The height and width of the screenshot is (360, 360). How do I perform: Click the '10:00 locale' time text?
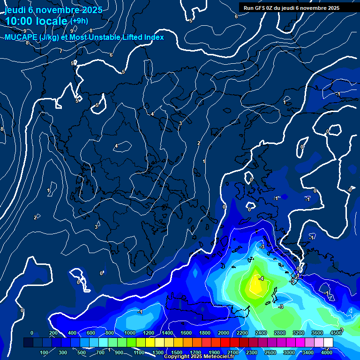tap(37, 22)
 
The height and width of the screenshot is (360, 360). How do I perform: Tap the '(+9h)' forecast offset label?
tap(79, 21)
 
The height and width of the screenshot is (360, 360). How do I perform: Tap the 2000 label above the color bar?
tap(224, 333)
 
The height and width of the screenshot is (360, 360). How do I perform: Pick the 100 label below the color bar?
tap(45, 352)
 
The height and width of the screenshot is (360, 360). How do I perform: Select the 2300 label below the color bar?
tap(251, 352)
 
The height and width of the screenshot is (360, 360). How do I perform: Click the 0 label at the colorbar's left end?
tap(32, 333)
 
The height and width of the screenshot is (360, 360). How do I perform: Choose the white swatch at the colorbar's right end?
tap(328, 343)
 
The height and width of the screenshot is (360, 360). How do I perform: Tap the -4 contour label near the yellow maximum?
tap(262, 278)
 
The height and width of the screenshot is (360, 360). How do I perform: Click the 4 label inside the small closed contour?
tap(116, 146)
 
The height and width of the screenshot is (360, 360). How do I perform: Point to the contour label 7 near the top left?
tap(61, 51)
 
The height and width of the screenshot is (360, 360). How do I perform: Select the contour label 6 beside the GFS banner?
tap(236, 16)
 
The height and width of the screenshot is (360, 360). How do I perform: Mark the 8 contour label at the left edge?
tap(2, 129)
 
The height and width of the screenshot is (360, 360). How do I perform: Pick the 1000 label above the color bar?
tap(130, 333)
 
